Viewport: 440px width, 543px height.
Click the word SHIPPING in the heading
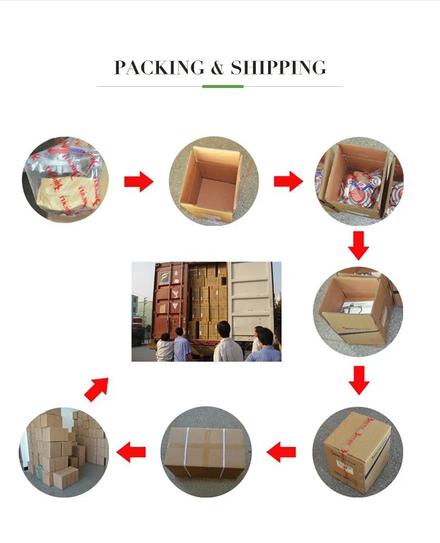coord(278,67)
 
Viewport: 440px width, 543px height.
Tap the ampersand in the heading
coord(217,67)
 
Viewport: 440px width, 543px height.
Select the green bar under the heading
coord(222,86)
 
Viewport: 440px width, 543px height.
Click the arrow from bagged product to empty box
coord(138,182)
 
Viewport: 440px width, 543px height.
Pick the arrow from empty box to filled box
coord(288,182)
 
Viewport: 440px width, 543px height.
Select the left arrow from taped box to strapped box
coord(281,452)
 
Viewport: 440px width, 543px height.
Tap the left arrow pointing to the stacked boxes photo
coord(131,452)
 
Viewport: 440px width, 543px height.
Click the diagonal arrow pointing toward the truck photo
coord(97,389)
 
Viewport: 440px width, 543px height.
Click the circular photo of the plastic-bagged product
coord(66,179)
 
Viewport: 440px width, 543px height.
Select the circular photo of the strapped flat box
coord(206,452)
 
